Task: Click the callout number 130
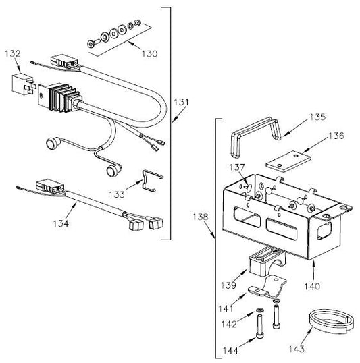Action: click(149, 54)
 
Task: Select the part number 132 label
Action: click(13, 53)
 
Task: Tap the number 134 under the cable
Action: click(61, 223)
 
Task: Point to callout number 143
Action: click(297, 349)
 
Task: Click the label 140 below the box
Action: click(312, 287)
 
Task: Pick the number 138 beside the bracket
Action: click(201, 217)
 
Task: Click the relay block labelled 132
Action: click(24, 84)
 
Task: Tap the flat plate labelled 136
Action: click(288, 161)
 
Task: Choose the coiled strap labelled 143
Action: click(332, 323)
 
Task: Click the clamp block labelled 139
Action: click(267, 261)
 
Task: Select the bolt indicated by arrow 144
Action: click(259, 327)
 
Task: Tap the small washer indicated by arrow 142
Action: click(259, 310)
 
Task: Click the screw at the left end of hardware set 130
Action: click(93, 43)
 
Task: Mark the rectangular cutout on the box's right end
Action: click(324, 230)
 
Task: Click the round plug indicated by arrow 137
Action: click(249, 187)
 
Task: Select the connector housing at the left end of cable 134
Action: click(49, 186)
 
